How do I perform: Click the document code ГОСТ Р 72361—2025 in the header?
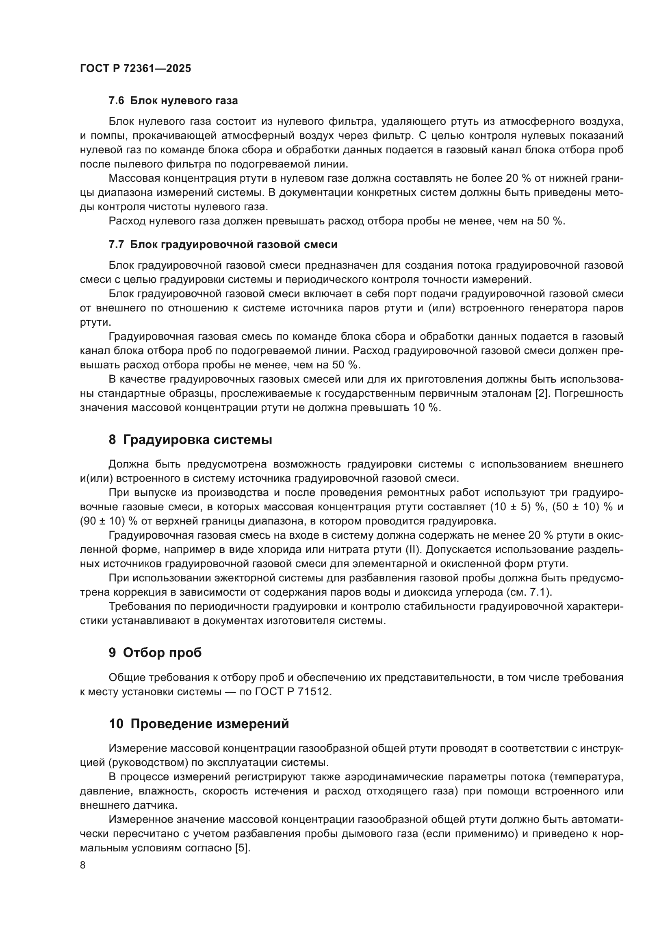pyautogui.click(x=135, y=69)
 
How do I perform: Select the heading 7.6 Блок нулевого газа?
pyautogui.click(x=173, y=101)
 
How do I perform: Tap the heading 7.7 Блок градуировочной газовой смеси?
pyautogui.click(x=223, y=244)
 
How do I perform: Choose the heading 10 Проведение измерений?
pyautogui.click(x=199, y=724)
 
